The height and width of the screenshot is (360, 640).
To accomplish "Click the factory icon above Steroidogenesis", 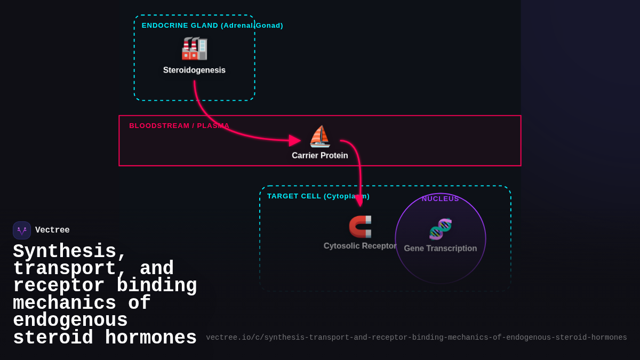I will [x=194, y=48].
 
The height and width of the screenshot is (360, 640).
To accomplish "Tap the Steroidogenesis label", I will [x=194, y=70].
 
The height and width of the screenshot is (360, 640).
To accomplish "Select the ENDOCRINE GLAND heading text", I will [x=212, y=26].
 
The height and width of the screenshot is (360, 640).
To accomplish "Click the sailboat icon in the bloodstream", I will [x=320, y=137].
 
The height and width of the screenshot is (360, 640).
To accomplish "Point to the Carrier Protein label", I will [x=319, y=156].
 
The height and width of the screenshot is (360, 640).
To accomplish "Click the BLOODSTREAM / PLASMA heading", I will [x=179, y=126].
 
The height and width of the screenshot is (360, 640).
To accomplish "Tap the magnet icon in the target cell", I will [x=360, y=227].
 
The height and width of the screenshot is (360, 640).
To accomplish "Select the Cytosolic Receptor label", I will [x=360, y=246].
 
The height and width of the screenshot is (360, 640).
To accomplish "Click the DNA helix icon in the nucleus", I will [x=441, y=229].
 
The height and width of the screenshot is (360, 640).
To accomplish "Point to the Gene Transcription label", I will [x=441, y=249].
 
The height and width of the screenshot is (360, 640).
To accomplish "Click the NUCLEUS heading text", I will [x=441, y=199].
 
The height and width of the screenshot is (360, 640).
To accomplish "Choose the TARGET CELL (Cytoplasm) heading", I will [x=318, y=196].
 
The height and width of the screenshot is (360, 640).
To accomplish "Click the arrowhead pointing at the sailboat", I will [x=295, y=141].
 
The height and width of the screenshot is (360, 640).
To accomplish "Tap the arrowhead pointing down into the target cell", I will [x=359, y=201].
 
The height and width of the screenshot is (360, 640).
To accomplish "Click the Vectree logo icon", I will [x=22, y=230].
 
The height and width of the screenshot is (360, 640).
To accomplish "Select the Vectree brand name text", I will [x=52, y=230].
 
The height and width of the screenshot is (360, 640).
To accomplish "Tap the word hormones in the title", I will [x=151, y=338].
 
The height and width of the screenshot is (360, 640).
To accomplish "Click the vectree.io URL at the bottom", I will [x=416, y=338].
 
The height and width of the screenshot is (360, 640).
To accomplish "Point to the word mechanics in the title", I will [x=65, y=303].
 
